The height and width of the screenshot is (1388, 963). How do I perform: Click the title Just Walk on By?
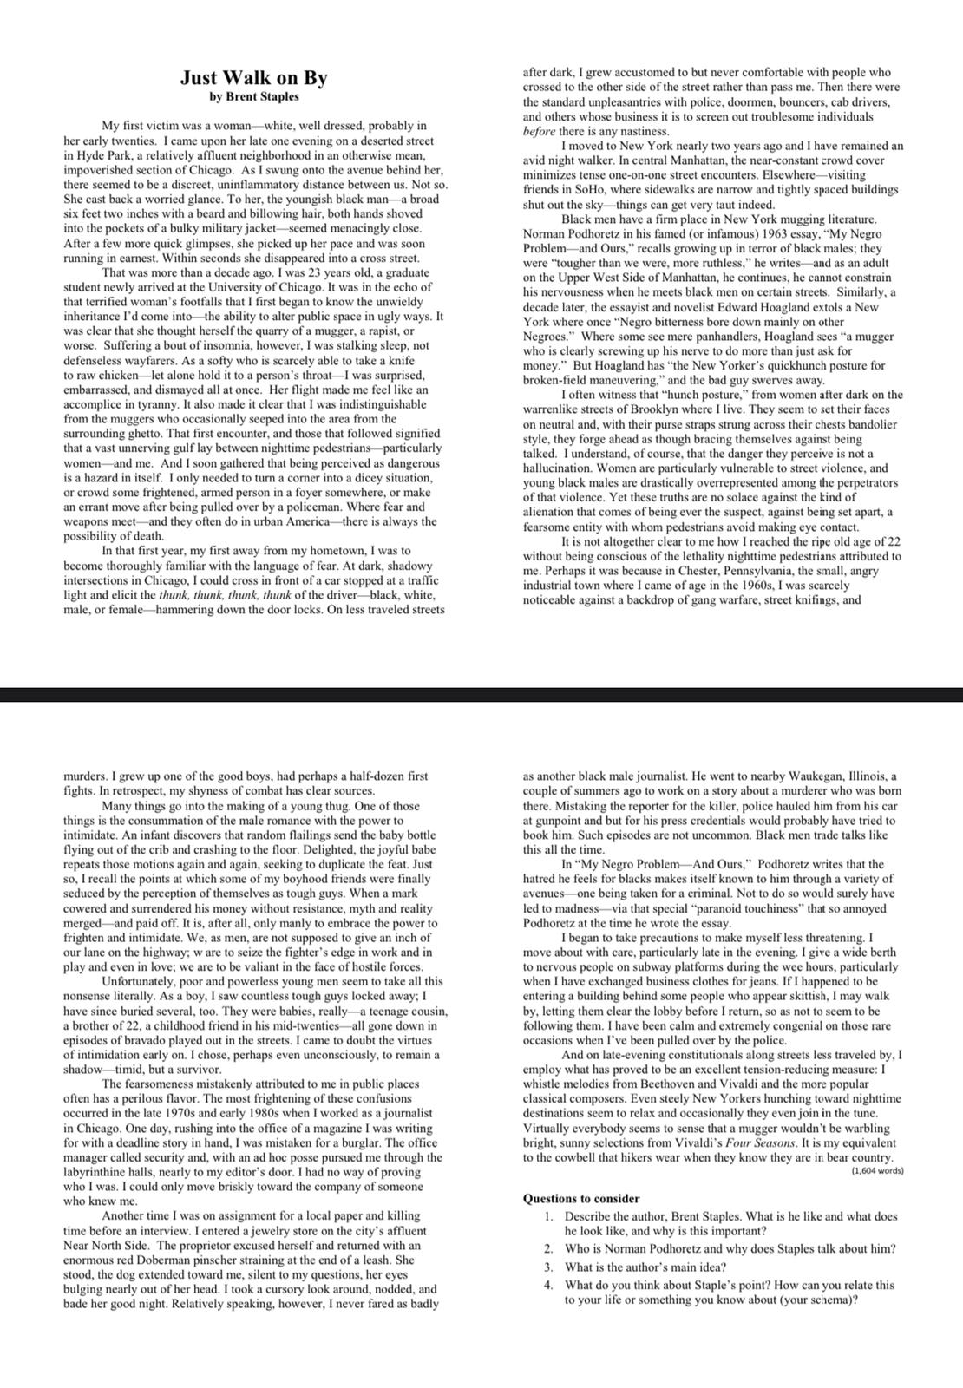[253, 78]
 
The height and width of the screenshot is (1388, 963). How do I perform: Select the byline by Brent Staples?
[253, 97]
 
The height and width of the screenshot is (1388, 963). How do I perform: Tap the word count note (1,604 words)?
[877, 1171]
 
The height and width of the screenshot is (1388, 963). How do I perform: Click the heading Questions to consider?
[581, 1198]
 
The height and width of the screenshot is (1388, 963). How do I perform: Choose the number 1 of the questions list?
[549, 1216]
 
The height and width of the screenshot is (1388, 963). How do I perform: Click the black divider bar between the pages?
[481, 694]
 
